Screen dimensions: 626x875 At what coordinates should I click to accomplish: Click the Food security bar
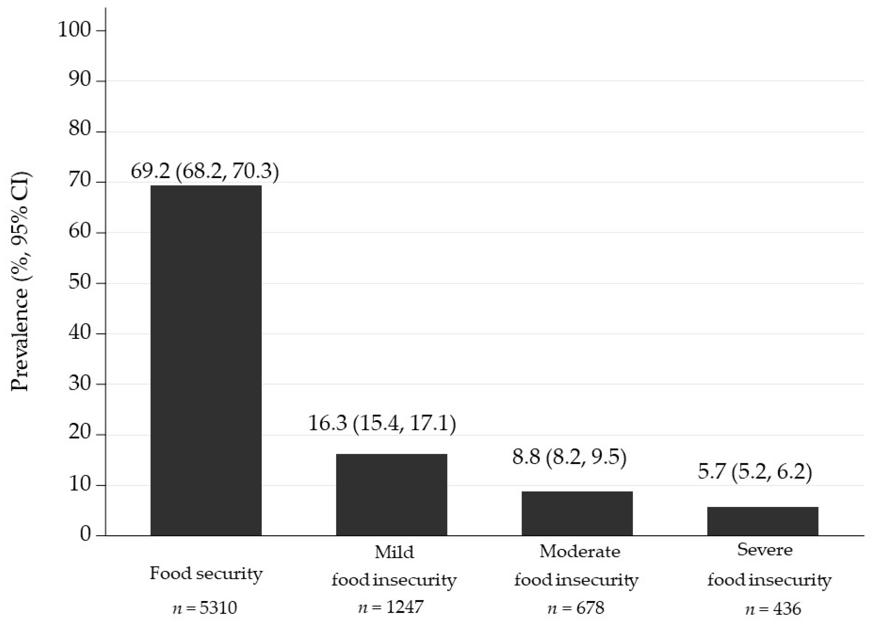coord(206,360)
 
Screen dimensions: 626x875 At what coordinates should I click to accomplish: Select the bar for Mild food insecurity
coord(391,495)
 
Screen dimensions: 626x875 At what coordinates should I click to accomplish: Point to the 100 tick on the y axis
coord(74,30)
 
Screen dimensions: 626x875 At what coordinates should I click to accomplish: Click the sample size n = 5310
coord(205,608)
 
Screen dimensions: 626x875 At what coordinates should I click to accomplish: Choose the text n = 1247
coord(391,607)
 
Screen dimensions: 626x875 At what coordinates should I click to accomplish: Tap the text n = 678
coord(576,608)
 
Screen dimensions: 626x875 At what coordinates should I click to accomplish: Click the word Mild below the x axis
coord(394,552)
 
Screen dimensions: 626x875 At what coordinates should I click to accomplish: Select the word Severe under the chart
coord(765,550)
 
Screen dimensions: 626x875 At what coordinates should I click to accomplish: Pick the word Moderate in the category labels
coord(580,551)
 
